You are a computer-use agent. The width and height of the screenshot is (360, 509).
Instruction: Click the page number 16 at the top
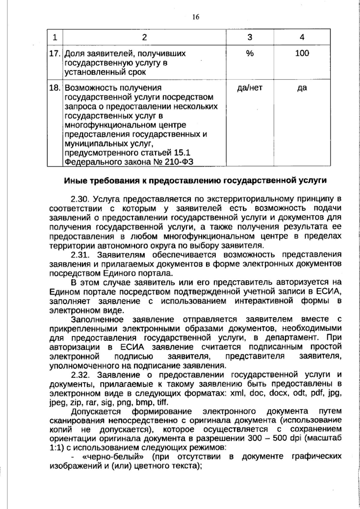[x=195, y=17]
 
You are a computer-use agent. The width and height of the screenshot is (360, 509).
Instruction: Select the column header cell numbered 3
[x=250, y=37]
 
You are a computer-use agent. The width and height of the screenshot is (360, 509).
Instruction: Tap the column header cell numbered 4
[x=302, y=37]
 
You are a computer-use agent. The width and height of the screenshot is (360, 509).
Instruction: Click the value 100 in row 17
[x=302, y=53]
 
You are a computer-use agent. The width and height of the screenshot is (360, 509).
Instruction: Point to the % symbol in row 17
[x=250, y=53]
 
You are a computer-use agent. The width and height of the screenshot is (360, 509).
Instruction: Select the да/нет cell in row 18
[x=250, y=88]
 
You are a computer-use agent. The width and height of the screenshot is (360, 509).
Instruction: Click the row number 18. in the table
[x=55, y=88]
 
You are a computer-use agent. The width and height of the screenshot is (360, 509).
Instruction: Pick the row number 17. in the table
[x=55, y=53]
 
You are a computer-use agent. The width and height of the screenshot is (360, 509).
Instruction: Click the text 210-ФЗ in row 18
[x=179, y=162]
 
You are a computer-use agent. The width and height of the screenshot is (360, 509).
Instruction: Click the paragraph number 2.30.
[x=80, y=199]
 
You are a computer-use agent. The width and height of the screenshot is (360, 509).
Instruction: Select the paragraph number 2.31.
[x=80, y=255]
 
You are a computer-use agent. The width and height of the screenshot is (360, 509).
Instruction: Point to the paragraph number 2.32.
[x=80, y=375]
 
